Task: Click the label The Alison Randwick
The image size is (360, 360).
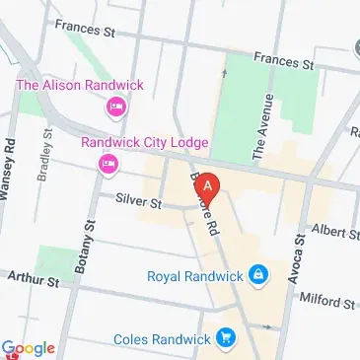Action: point(79,85)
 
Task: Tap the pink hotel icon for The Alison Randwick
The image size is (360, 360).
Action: point(117,106)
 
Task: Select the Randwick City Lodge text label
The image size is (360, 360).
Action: point(145,143)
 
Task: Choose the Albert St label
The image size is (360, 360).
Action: point(334,233)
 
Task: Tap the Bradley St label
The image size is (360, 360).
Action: point(46,149)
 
